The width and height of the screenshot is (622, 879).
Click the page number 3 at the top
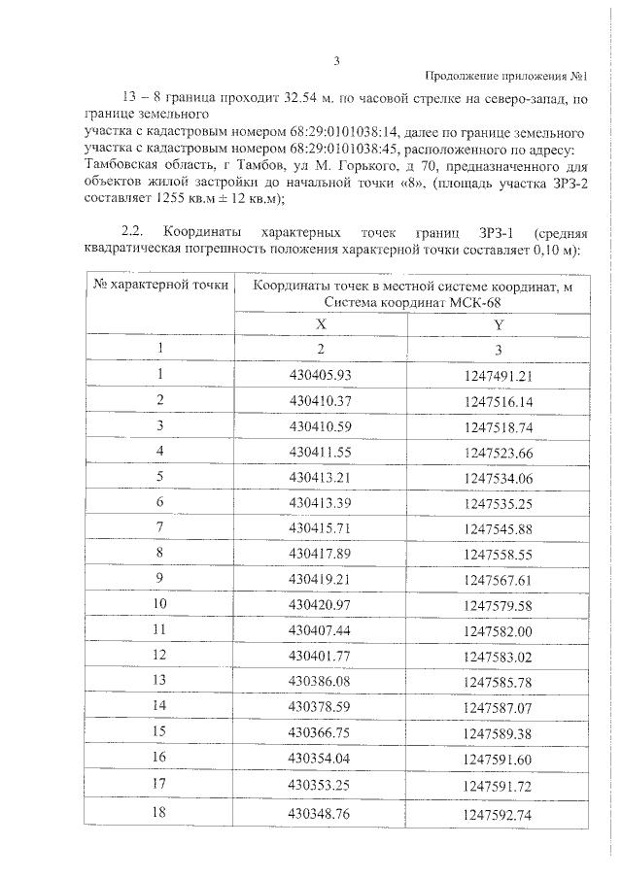[x=335, y=60]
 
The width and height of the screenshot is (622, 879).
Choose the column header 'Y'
[x=499, y=324]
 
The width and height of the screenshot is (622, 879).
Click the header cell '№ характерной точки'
[x=161, y=285]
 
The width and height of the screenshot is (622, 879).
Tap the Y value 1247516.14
[x=499, y=400]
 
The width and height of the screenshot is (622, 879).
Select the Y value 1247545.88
[x=499, y=527]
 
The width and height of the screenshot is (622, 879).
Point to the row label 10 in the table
[x=160, y=603]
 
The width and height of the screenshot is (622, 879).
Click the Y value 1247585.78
[x=499, y=680]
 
